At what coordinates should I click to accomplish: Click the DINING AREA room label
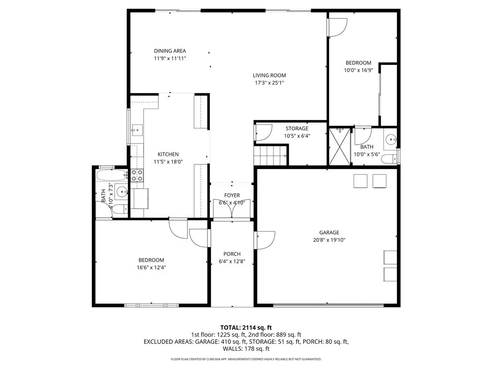170,51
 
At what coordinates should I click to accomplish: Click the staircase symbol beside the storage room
269,156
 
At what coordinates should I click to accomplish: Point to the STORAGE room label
297,128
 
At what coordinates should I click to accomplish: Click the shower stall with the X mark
339,146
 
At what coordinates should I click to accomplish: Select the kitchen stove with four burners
137,175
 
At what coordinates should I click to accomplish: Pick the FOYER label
232,196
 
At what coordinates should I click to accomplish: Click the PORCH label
232,254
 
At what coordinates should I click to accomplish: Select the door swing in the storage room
263,133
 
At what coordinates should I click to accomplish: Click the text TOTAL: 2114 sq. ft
246,328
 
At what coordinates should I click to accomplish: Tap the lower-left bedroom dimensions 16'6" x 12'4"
151,268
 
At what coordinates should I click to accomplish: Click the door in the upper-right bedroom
337,26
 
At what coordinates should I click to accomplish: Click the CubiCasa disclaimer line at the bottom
246,359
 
